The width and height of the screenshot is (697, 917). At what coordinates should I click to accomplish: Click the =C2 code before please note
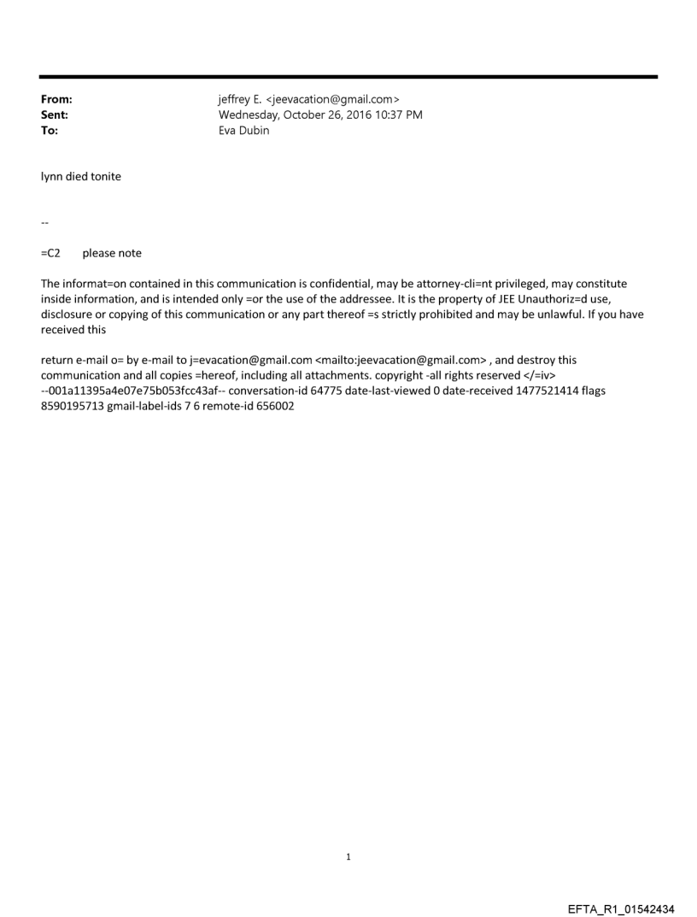click(50, 253)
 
